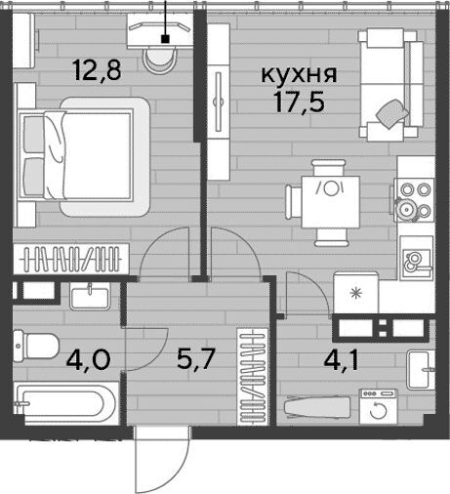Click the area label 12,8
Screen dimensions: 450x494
pos(98,70)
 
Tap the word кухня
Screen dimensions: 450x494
pos(299,74)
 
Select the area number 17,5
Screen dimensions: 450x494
pos(300,102)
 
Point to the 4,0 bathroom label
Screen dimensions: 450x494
pos(88,359)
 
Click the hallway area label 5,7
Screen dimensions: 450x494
pos(195,359)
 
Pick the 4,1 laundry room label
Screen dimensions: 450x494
pos(342,359)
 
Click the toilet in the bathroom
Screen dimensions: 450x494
pos(36,346)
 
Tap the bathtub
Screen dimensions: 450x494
pos(66,403)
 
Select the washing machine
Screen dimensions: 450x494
pos(379,407)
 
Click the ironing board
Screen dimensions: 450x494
pos(317,407)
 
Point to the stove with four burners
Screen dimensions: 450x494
pos(414,200)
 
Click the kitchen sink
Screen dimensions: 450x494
pos(417,257)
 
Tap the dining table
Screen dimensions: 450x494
pos(331,202)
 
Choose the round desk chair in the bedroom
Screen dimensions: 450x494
pos(159,60)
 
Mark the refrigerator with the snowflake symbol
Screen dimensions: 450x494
pos(356,294)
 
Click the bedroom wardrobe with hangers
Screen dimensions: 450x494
pos(71,259)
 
